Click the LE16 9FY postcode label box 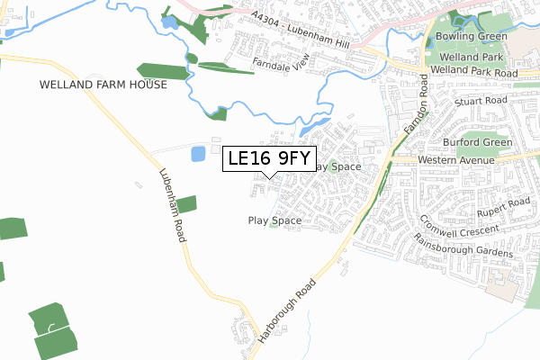(x=269, y=159)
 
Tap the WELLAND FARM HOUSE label (x=103, y=85)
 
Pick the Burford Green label (x=477, y=143)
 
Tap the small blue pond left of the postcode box (x=198, y=154)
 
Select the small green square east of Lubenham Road (x=186, y=204)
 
